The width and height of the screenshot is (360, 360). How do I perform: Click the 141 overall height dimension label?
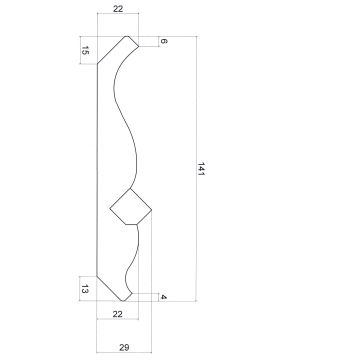(x=201, y=169)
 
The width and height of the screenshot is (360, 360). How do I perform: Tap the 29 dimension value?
(x=124, y=347)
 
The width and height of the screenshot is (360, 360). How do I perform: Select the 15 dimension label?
(x=85, y=51)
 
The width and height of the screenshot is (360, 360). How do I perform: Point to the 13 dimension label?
(x=85, y=290)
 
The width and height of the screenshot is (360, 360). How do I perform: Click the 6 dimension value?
(x=164, y=41)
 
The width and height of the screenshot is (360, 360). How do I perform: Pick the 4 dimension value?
(x=163, y=297)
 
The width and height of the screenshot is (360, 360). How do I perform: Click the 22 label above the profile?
(x=118, y=9)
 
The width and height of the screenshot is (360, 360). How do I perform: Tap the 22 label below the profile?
(x=117, y=314)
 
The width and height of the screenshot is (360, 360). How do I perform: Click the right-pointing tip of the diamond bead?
(x=152, y=210)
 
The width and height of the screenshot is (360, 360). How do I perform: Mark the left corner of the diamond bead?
(x=110, y=209)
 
